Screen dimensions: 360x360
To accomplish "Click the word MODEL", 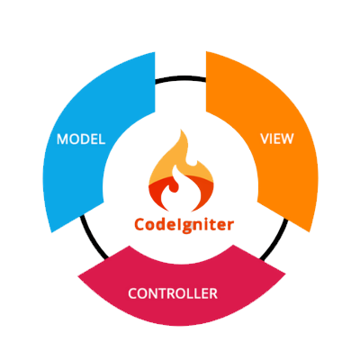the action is pyautogui.click(x=81, y=139).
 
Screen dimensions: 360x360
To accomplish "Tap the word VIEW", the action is pyautogui.click(x=277, y=139).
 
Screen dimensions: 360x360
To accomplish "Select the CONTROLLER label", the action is pyautogui.click(x=173, y=293).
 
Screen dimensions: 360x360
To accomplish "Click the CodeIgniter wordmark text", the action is pyautogui.click(x=184, y=225).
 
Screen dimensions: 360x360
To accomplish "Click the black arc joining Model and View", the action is pyautogui.click(x=181, y=78).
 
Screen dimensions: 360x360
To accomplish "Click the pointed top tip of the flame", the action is pyautogui.click(x=181, y=130).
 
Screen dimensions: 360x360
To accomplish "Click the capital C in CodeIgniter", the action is pyautogui.click(x=139, y=224).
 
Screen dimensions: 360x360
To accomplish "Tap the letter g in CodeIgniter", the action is pyautogui.click(x=186, y=227).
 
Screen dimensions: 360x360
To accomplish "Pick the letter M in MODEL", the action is pyautogui.click(x=62, y=139).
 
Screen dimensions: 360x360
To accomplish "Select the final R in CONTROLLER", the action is pyautogui.click(x=213, y=293).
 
